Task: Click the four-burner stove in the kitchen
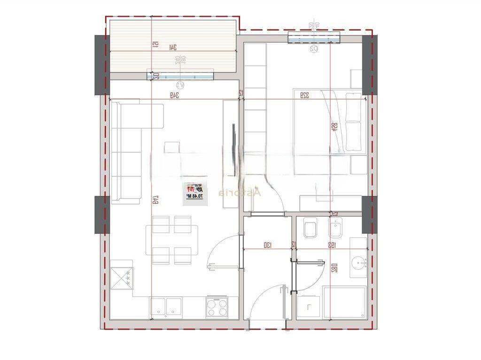click(x=217, y=307)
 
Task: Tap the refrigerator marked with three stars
click(x=122, y=278)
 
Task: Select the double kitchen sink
click(x=166, y=307)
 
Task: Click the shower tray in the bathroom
click(x=344, y=303)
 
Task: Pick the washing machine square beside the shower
click(x=308, y=307)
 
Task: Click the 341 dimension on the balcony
click(x=172, y=46)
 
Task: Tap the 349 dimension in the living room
click(x=175, y=95)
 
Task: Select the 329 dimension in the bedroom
click(x=304, y=95)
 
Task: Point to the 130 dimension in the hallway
click(x=267, y=245)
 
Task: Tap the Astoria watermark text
click(x=240, y=192)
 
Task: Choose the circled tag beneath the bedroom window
click(x=314, y=48)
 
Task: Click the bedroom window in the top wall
click(x=313, y=37)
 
